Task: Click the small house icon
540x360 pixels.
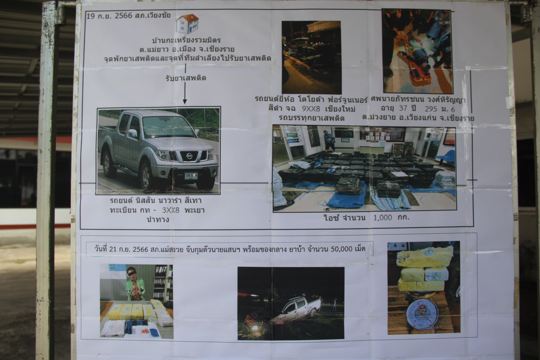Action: click(x=187, y=24)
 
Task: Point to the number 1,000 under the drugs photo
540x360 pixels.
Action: click(x=382, y=217)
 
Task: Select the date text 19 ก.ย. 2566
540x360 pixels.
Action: click(x=109, y=15)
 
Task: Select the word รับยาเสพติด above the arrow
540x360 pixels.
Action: click(x=186, y=78)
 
